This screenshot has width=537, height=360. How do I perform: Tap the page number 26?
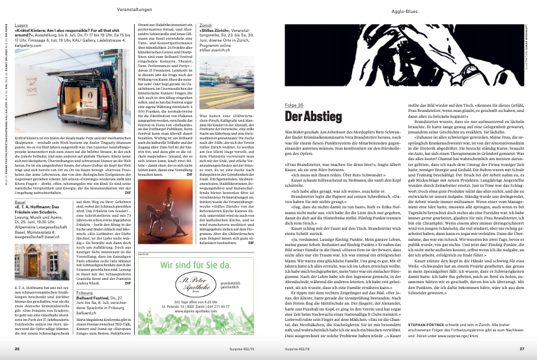point(18,349)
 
